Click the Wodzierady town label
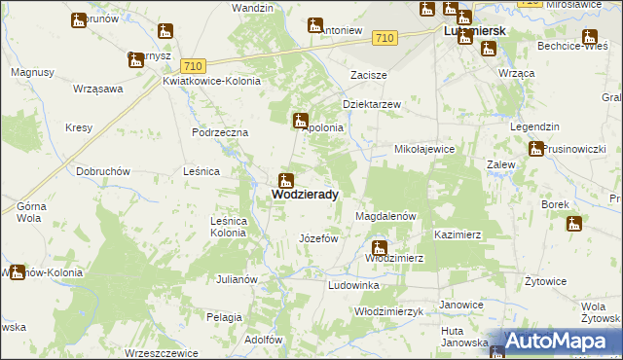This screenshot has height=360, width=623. (x=305, y=195)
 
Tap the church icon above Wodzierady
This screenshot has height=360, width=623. (x=286, y=180)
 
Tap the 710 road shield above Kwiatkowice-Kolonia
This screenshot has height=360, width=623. (x=192, y=63)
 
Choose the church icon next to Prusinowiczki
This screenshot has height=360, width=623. (x=536, y=149)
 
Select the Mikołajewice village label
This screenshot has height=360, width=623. (x=424, y=149)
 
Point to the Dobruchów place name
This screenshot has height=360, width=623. (x=103, y=171)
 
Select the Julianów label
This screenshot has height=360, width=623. (x=237, y=279)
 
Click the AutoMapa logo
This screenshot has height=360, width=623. (x=555, y=342)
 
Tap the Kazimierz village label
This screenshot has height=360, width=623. (x=458, y=235)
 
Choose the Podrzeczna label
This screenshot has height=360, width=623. (x=220, y=132)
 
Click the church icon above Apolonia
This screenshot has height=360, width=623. (x=302, y=121)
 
